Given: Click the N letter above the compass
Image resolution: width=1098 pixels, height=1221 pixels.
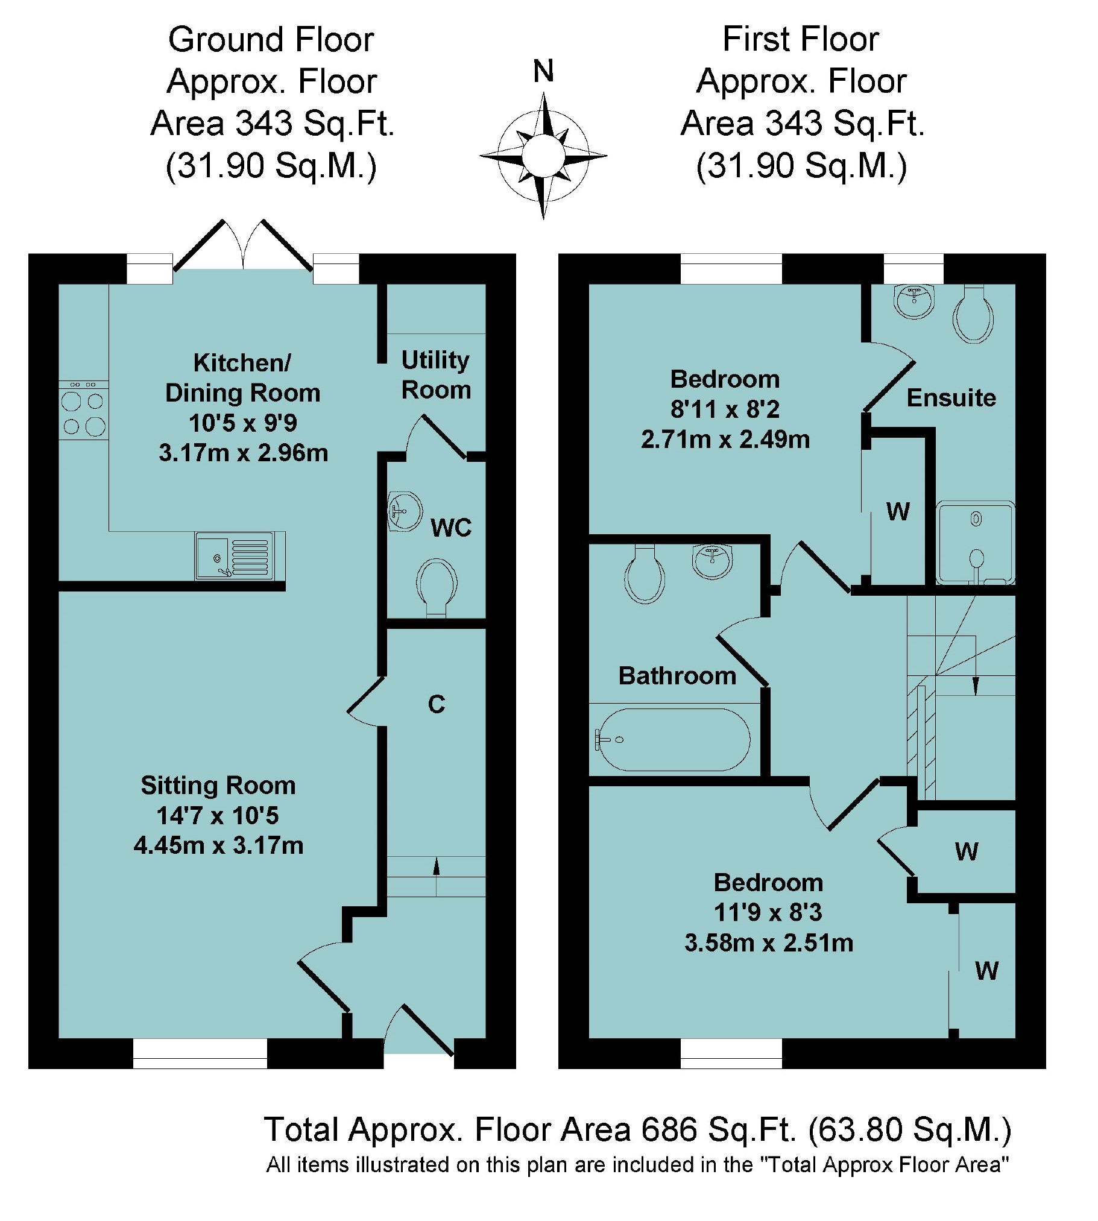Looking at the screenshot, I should point(543,71).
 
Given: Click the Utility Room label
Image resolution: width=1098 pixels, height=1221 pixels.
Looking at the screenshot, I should point(435,375).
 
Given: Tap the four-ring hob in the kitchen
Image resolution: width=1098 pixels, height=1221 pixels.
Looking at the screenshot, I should point(83,414).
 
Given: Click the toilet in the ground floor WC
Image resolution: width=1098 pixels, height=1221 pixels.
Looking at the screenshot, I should point(436,586).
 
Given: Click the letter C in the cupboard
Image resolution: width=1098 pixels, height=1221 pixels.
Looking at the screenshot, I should point(436,705).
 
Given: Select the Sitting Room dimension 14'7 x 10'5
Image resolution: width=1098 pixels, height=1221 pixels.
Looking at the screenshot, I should point(218,816).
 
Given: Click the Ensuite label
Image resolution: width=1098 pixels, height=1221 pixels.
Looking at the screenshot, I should point(951,398).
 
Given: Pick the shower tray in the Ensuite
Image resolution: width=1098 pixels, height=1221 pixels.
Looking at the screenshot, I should point(975,543).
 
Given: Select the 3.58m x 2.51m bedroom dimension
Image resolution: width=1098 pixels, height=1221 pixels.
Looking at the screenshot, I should point(769,942).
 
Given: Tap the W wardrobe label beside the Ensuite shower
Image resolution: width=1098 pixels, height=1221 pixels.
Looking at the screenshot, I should point(898,511).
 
